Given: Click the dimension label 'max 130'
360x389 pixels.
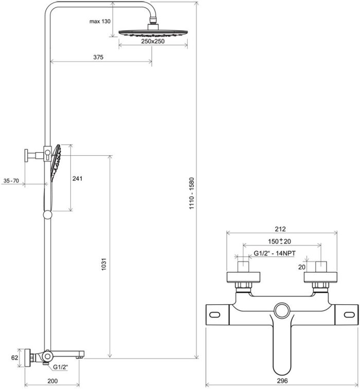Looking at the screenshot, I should click(100, 21).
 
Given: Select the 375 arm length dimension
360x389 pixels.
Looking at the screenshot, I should click(99, 58).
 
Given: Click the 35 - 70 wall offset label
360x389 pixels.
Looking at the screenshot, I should click(11, 180).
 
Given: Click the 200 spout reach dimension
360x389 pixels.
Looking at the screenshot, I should click(51, 380).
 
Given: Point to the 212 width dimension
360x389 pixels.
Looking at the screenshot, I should click(280, 229).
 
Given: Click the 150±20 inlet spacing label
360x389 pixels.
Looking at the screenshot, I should click(281, 241).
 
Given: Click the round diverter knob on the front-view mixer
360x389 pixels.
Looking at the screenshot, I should click(282, 311).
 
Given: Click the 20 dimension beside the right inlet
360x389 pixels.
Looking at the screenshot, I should click(302, 267).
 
